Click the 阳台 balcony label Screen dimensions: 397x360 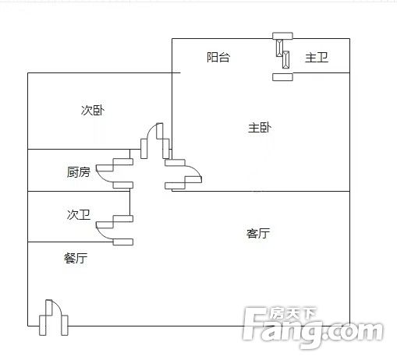(x=218, y=57)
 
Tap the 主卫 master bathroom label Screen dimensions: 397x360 (x=317, y=58)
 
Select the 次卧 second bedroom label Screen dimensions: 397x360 (x=93, y=111)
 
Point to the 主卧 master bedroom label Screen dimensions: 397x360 (x=260, y=128)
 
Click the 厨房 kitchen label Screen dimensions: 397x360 (x=79, y=172)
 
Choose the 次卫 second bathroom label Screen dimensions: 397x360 (x=79, y=214)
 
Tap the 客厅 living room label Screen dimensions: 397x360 (x=258, y=233)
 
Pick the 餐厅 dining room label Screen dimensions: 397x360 (x=76, y=258)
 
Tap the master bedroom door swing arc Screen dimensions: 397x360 (x=196, y=169)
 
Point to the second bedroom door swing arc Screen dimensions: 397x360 (x=149, y=129)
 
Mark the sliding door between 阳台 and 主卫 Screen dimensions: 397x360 (x=282, y=54)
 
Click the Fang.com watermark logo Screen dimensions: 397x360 (x=313, y=328)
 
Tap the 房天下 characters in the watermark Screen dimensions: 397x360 (x=292, y=314)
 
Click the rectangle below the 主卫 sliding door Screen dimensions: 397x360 (x=282, y=77)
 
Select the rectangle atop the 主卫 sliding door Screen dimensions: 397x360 (x=282, y=36)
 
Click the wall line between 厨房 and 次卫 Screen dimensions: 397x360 (x=79, y=191)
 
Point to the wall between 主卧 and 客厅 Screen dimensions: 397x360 (x=261, y=191)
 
